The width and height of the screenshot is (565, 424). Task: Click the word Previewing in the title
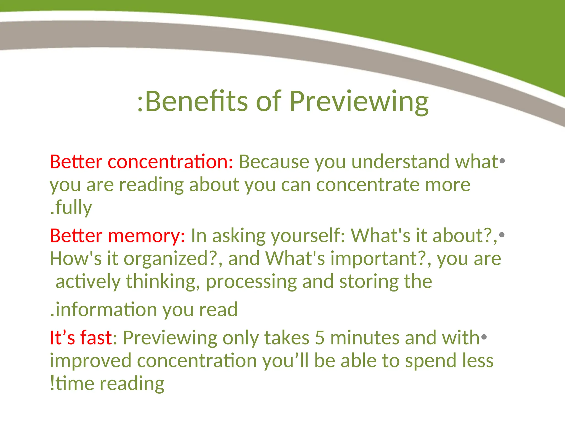point(359,102)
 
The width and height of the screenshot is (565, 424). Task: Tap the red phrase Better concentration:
point(142,162)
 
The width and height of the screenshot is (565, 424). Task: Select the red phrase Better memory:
point(118,236)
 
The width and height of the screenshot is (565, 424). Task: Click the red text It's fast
point(81,338)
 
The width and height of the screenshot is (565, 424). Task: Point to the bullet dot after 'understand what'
point(502,161)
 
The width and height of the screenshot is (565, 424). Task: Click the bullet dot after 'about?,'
point(502,235)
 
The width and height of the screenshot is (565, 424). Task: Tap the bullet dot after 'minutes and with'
point(484,337)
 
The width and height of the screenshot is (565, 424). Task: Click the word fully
point(73,208)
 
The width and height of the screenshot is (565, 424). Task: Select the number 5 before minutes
point(319,338)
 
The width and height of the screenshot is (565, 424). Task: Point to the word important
point(378,259)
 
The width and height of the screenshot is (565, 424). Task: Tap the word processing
point(251,282)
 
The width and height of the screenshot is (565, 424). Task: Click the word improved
point(90,361)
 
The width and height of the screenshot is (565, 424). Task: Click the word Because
point(274,162)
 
